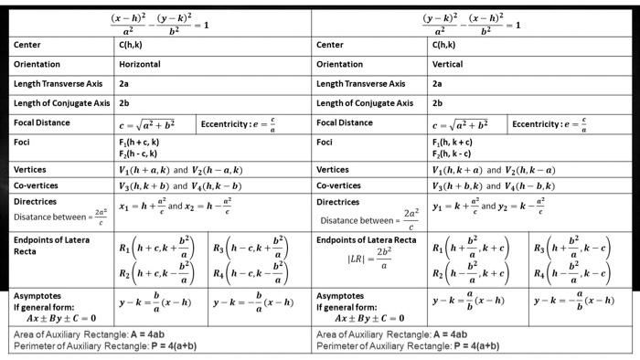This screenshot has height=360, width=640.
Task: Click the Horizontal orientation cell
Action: coord(140,64)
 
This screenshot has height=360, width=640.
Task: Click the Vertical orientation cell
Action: coord(447,64)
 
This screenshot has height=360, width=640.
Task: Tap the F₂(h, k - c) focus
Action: coord(453,154)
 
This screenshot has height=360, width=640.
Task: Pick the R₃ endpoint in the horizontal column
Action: coord(250,249)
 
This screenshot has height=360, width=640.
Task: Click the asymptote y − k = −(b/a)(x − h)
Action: coord(253,302)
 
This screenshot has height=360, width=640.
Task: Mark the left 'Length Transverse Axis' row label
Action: coord(58,84)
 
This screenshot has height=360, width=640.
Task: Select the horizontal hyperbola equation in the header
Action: coord(160,22)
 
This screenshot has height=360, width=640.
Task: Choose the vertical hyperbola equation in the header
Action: coord(472,22)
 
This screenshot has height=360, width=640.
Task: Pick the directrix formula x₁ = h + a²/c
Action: coord(143,206)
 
